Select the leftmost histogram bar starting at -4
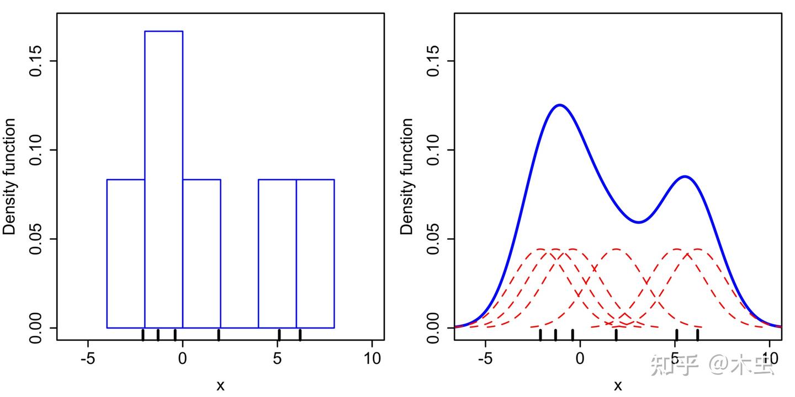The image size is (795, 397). pyautogui.click(x=126, y=253)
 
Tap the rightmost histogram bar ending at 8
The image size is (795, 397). pyautogui.click(x=315, y=253)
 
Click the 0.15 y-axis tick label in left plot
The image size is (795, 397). pyautogui.click(x=36, y=61)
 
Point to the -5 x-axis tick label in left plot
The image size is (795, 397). pyautogui.click(x=87, y=358)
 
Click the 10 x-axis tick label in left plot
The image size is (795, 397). pyautogui.click(x=373, y=358)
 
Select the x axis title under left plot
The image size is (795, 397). pyautogui.click(x=220, y=385)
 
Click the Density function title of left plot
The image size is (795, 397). pyautogui.click(x=10, y=176)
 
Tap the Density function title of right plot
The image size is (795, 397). pyautogui.click(x=407, y=176)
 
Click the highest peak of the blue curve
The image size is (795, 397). pyautogui.click(x=560, y=105)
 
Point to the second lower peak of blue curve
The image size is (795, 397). pyautogui.click(x=685, y=176)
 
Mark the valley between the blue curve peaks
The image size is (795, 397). pyautogui.click(x=638, y=222)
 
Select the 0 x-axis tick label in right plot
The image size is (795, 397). pyautogui.click(x=580, y=358)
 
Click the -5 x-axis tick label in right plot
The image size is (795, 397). pyautogui.click(x=485, y=358)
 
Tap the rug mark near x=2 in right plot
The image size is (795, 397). pyautogui.click(x=616, y=334)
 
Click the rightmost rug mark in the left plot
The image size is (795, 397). pyautogui.click(x=300, y=334)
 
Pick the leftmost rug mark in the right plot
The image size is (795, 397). pyautogui.click(x=540, y=334)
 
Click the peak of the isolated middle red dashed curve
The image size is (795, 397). pyautogui.click(x=616, y=249)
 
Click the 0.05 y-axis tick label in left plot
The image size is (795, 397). pyautogui.click(x=36, y=239)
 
